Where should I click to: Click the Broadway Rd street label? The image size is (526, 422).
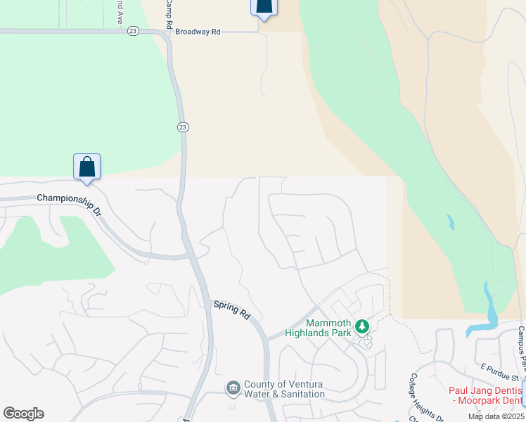[x=198, y=32]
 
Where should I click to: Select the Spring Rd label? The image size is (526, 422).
[x=232, y=310]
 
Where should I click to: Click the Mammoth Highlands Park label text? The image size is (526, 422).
[x=318, y=328]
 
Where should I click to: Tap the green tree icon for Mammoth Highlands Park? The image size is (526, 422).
[x=362, y=326]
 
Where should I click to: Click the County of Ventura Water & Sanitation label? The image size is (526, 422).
[x=284, y=390]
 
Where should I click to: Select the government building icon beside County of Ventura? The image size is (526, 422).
[x=233, y=388]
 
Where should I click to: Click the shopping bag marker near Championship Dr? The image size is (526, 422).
[x=86, y=167]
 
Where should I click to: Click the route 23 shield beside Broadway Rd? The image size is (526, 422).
[x=134, y=31]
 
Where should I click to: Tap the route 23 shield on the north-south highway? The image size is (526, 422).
[x=182, y=127]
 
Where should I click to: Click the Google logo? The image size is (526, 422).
[x=23, y=414]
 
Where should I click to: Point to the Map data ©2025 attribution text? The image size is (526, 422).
[x=496, y=416]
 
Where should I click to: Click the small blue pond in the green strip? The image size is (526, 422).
[x=450, y=224]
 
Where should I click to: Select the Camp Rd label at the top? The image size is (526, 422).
[x=169, y=14]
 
